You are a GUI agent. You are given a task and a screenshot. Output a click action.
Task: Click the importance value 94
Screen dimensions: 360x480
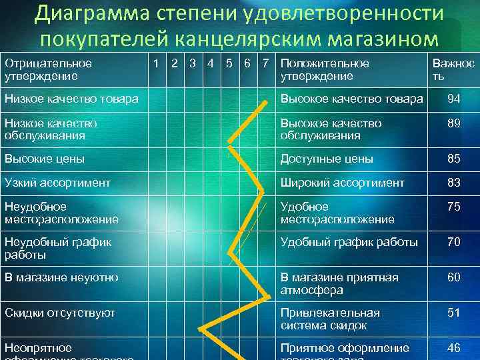coord(454,99)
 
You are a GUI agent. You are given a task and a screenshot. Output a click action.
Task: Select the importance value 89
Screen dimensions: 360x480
coord(454,123)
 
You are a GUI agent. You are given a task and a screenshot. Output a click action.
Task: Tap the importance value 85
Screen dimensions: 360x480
coord(454,159)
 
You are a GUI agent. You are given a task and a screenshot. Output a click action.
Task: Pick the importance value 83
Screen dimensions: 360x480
coord(454,182)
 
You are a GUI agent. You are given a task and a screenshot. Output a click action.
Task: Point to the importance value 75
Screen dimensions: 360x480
coord(454,207)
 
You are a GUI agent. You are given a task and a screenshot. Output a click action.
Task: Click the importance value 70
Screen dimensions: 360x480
coord(454,242)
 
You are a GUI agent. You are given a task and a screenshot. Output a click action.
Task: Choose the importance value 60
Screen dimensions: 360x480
coord(454,277)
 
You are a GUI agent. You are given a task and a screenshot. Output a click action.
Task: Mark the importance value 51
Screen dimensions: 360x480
coord(454,313)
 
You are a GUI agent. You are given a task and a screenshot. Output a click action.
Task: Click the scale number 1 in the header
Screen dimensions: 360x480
coord(155,64)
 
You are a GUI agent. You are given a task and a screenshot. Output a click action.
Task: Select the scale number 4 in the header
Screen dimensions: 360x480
coord(210,64)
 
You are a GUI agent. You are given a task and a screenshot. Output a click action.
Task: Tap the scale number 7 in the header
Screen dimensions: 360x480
coord(266,64)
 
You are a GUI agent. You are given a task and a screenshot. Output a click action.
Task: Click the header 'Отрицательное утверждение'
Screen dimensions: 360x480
coord(48,70)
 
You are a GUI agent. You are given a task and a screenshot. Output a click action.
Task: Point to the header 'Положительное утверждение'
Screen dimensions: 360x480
coord(325,70)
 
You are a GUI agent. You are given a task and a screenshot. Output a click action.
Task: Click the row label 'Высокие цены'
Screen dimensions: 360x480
coord(45,159)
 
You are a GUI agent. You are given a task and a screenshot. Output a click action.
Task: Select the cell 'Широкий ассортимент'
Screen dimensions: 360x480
coord(342,182)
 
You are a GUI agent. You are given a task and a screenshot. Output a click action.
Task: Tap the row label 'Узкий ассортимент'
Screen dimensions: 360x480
coord(57,182)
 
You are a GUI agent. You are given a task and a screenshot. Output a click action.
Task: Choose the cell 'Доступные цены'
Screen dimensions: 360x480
coord(327,159)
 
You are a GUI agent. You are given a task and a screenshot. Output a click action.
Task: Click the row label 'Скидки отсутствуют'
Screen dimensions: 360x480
coord(60,313)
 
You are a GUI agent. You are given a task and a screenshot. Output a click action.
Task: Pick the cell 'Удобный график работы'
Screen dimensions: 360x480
coord(349,242)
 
